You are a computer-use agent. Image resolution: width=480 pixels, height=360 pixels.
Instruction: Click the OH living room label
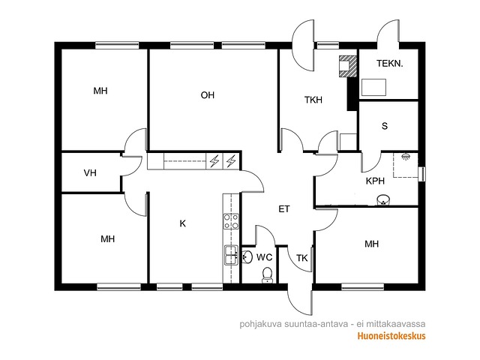(207, 95)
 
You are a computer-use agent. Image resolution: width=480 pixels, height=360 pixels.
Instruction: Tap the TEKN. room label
(389, 63)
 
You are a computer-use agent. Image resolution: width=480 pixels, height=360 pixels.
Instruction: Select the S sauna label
(385, 126)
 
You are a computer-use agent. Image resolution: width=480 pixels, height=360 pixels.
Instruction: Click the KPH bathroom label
(375, 181)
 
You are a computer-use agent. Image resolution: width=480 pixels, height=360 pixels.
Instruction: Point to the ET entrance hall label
(284, 209)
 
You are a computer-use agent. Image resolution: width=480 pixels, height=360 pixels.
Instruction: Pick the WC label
(264, 257)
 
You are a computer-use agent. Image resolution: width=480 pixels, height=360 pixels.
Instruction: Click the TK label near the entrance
(301, 258)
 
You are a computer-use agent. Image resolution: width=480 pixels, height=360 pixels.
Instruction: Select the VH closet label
(90, 173)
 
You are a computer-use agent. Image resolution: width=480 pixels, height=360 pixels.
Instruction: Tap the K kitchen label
(182, 223)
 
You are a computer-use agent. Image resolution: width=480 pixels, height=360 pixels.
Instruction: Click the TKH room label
(313, 100)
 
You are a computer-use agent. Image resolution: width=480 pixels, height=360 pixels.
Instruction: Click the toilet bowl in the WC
(267, 275)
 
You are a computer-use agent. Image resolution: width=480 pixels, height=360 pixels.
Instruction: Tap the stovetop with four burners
(231, 221)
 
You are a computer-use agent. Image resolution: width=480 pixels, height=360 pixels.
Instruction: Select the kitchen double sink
(231, 255)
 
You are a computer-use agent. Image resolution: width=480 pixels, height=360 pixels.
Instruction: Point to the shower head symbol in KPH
(406, 157)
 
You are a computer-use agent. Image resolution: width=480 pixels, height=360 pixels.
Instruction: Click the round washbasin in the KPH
(383, 199)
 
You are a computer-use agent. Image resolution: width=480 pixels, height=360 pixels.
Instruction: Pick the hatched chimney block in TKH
(348, 66)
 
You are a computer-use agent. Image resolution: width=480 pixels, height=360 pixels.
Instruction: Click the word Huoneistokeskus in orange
(391, 336)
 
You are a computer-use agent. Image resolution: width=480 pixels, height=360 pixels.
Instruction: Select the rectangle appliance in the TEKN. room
(373, 87)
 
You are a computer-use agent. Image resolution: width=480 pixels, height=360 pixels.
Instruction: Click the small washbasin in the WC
(247, 256)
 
